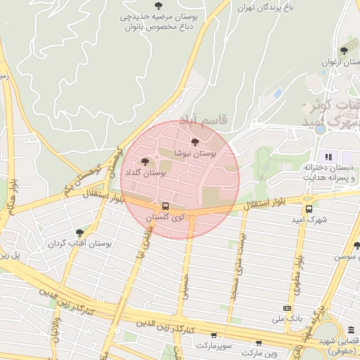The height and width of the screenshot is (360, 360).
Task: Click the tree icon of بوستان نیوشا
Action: tap(195, 143)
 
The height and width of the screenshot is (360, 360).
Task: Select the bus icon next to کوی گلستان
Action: tap(165, 206)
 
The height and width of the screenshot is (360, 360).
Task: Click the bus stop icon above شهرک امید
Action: tap(309, 209)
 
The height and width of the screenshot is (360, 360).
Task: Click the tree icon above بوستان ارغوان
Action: tap(343, 51)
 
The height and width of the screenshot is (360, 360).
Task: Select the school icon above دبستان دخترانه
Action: tap(327, 156)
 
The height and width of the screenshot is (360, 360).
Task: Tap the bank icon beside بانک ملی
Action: tap(287, 308)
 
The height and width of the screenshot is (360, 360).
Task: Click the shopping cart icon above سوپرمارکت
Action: tap(213, 335)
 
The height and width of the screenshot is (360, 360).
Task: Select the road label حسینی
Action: tap(186, 288)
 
